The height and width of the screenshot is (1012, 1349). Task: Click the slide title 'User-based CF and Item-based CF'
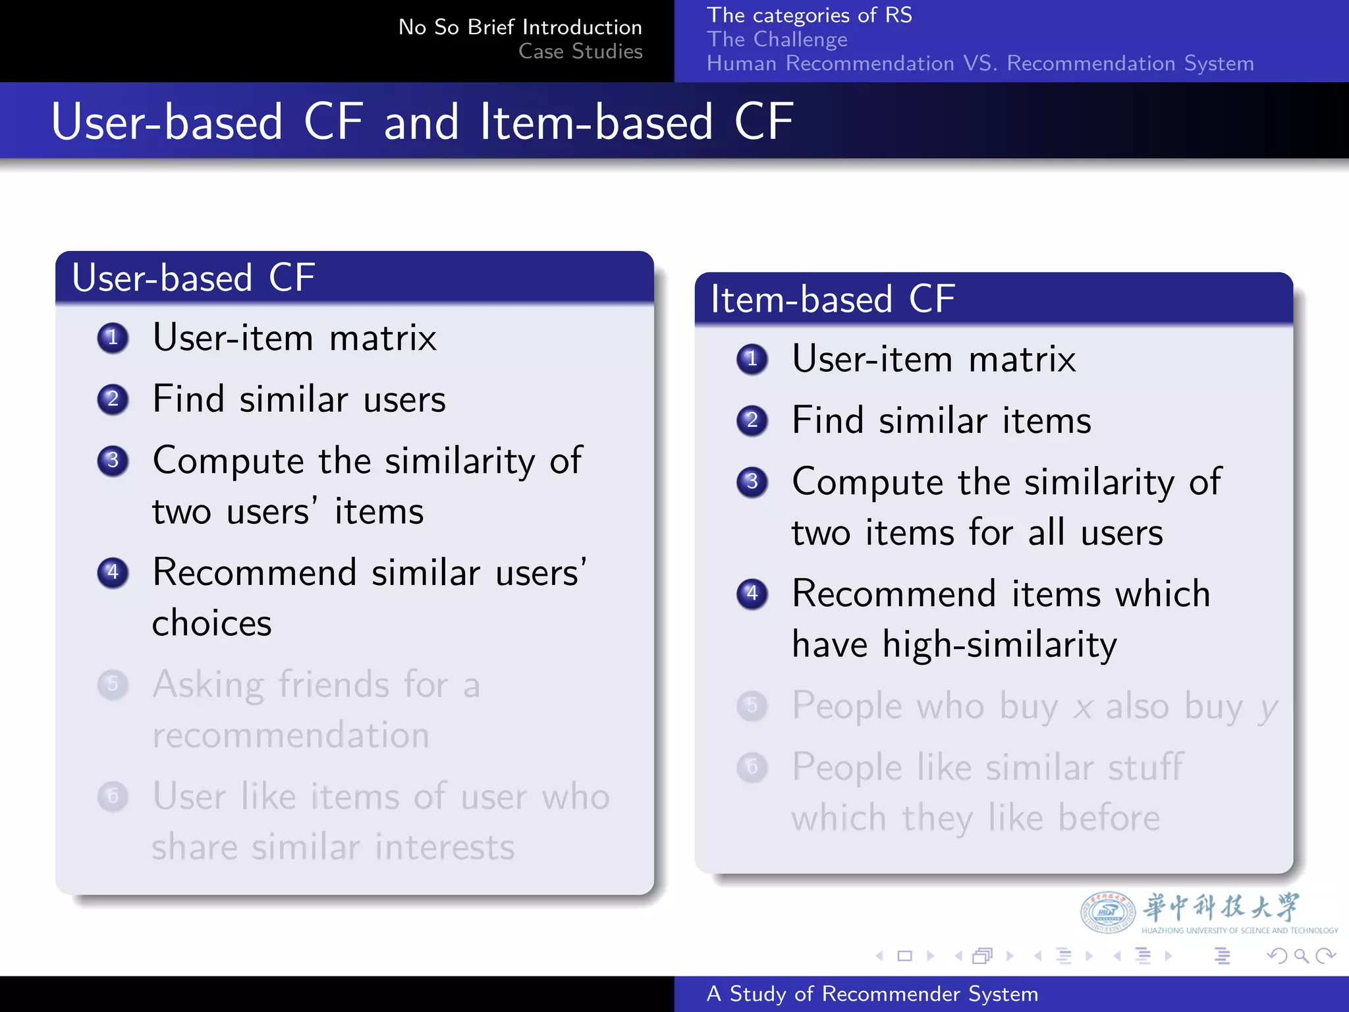click(422, 122)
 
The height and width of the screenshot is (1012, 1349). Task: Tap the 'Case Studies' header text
click(580, 51)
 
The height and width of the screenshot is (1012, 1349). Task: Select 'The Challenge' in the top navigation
click(777, 40)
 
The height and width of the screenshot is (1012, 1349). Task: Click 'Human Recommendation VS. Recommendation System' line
click(979, 64)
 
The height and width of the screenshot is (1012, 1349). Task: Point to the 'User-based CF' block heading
click(193, 277)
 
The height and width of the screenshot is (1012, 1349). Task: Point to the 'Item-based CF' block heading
click(833, 299)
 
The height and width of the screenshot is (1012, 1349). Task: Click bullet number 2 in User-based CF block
click(113, 399)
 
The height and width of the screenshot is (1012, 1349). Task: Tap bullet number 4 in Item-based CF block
click(752, 594)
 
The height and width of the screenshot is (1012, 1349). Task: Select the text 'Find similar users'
click(299, 399)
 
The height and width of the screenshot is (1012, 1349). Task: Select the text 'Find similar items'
click(941, 420)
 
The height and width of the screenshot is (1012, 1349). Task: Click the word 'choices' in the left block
click(211, 623)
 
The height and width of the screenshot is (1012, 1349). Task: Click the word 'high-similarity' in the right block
click(999, 644)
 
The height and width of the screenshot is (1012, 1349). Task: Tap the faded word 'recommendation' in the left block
click(290, 735)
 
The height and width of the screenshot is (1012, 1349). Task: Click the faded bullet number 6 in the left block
click(113, 797)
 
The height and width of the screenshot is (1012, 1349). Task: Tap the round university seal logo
click(1107, 913)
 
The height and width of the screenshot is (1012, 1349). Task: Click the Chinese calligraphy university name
click(1221, 907)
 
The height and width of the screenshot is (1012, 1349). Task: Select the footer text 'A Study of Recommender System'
click(872, 994)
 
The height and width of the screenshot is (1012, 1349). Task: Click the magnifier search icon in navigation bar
click(1300, 955)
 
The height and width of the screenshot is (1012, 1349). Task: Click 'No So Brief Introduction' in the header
click(520, 27)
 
